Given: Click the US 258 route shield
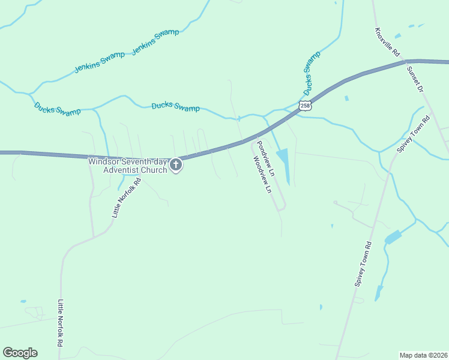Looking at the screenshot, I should point(306,106).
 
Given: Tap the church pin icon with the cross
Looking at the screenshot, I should point(176,164).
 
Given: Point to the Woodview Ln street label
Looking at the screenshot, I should point(262,175).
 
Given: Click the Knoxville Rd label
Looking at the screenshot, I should point(387,42).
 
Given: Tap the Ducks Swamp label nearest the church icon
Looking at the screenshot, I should point(175,107).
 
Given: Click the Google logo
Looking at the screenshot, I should point(20,353).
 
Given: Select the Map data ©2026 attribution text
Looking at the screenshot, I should point(423,355).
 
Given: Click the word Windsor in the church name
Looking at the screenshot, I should point(104,161).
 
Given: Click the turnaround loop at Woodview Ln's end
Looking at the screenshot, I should point(281,208).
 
